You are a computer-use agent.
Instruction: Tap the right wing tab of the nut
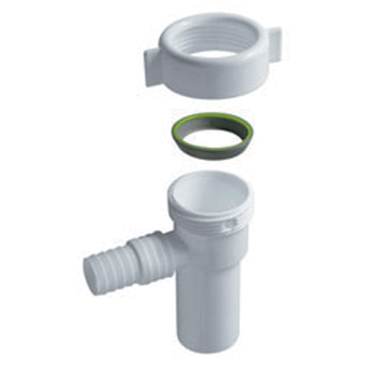[x=273, y=45]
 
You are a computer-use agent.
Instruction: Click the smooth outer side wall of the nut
[x=214, y=82]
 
